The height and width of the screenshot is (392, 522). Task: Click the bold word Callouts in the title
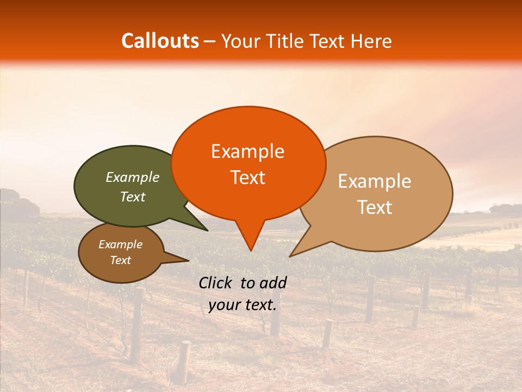tap(160, 41)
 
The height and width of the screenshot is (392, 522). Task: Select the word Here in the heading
tap(371, 41)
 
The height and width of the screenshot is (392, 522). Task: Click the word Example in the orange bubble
tap(247, 151)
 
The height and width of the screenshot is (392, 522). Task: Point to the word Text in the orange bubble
tap(247, 177)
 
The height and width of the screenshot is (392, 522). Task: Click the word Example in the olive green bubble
tap(132, 177)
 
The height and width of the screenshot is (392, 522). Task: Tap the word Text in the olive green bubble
tap(132, 197)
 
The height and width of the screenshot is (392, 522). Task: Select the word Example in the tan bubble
tap(375, 181)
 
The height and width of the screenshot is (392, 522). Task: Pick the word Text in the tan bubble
tap(375, 207)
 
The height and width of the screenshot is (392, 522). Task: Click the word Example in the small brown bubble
tap(120, 244)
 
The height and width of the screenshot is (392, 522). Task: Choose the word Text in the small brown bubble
tap(120, 260)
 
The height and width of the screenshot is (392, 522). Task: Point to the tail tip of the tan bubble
tap(290, 255)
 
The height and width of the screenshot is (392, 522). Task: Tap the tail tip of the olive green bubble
tap(207, 230)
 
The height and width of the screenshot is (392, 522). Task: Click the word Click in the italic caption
tap(216, 283)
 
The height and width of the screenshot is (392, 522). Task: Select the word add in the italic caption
tap(274, 283)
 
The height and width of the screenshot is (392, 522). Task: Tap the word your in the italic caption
tap(223, 305)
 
